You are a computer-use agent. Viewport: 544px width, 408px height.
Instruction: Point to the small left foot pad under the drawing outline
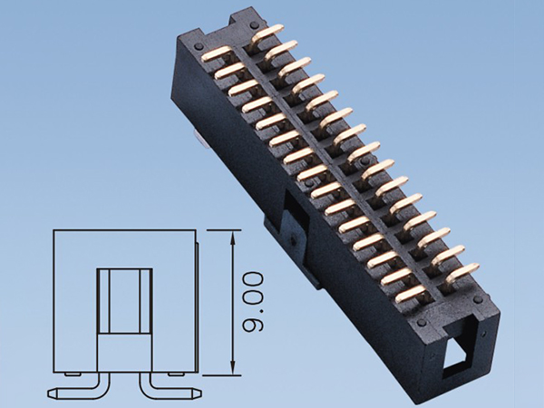(73, 374)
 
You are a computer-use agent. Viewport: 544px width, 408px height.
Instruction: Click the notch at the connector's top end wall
(242, 20)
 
